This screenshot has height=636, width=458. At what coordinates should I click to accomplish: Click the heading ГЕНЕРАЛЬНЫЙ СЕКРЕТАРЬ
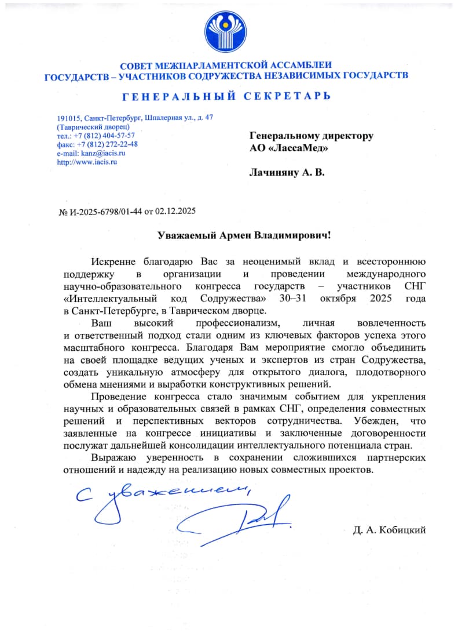pos(226,95)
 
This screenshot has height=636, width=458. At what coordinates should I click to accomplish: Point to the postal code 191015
pos(68,118)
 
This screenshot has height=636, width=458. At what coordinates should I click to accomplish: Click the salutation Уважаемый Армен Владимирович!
pos(246,235)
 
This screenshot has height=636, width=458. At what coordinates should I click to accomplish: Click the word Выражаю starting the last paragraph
pos(113,458)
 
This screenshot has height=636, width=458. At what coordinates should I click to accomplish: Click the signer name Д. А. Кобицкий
pos(389,530)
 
